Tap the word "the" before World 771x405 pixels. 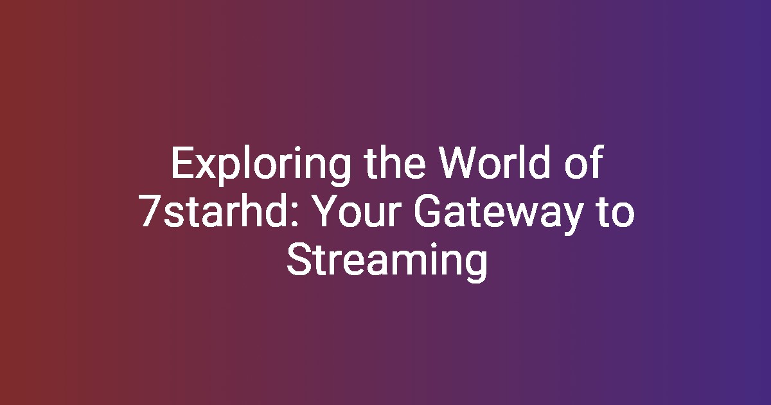coord(396,163)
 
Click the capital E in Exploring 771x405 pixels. coord(182,163)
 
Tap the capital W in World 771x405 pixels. coord(461,163)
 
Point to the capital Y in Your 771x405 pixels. coord(326,211)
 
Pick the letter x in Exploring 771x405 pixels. coord(207,167)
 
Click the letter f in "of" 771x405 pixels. coord(597,162)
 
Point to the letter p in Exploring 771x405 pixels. coord(232,171)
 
